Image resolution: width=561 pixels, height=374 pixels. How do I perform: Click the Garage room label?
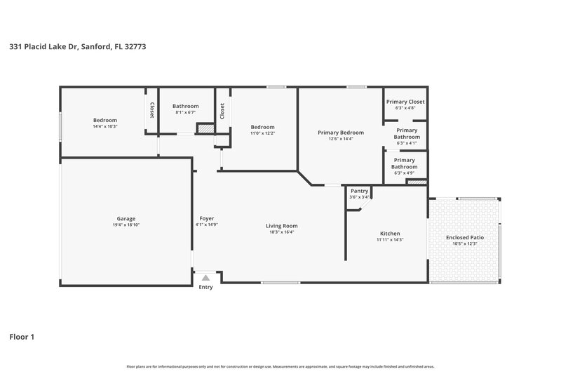click(x=126, y=218)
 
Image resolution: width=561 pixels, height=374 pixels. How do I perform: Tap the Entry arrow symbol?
click(x=205, y=279)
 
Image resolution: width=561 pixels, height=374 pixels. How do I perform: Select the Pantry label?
click(x=359, y=191)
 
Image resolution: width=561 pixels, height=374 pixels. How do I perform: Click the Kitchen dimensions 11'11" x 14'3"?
click(x=390, y=240)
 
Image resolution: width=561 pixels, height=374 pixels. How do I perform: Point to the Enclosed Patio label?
click(x=465, y=237)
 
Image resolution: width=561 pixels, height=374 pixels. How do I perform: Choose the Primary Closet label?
click(x=405, y=102)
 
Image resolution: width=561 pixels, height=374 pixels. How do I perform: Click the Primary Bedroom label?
click(x=341, y=133)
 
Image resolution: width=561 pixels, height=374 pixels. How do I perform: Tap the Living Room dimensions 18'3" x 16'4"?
click(x=282, y=232)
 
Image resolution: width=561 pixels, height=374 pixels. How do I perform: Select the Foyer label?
click(x=207, y=218)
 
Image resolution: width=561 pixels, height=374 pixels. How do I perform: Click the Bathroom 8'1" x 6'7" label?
click(x=186, y=106)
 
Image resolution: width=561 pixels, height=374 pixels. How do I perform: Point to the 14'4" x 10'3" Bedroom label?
click(x=105, y=120)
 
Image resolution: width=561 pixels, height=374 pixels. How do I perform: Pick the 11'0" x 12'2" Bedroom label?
click(x=263, y=127)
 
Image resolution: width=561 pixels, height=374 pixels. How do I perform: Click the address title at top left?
click(x=78, y=47)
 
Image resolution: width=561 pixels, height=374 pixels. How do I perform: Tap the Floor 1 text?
click(x=22, y=337)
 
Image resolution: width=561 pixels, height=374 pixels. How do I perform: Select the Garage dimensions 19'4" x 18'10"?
click(x=126, y=225)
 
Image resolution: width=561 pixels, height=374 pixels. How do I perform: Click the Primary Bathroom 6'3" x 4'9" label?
click(x=405, y=163)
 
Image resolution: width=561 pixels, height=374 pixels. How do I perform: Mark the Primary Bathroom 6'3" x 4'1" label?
click(x=407, y=133)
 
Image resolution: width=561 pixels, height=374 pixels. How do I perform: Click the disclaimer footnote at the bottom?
click(x=280, y=366)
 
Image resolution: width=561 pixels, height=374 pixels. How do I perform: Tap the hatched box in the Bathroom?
click(x=204, y=128)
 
